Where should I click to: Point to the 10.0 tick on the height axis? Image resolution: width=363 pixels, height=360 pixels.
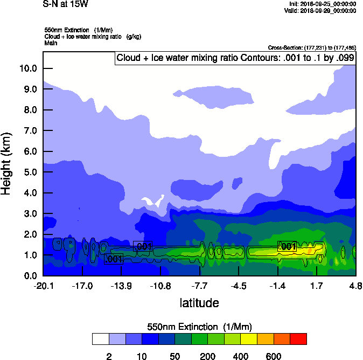click(x=28, y=68)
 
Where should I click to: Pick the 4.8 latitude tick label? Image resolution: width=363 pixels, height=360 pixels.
click(x=355, y=285)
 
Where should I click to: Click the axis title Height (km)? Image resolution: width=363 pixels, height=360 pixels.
click(x=7, y=163)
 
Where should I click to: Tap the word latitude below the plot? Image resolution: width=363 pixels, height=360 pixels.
click(x=199, y=303)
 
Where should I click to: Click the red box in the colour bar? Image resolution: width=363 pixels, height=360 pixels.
click(x=298, y=339)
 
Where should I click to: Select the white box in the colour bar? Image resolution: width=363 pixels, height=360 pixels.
click(x=101, y=339)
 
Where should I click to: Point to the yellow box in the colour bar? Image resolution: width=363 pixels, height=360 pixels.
click(x=249, y=339)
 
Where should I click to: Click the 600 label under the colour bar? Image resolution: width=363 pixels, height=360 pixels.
click(x=274, y=356)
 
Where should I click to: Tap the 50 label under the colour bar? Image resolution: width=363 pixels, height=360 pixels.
click(x=175, y=356)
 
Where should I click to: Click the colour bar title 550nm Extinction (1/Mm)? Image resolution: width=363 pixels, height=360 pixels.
click(x=199, y=327)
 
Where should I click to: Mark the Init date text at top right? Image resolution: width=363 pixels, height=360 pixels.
click(x=323, y=4)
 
